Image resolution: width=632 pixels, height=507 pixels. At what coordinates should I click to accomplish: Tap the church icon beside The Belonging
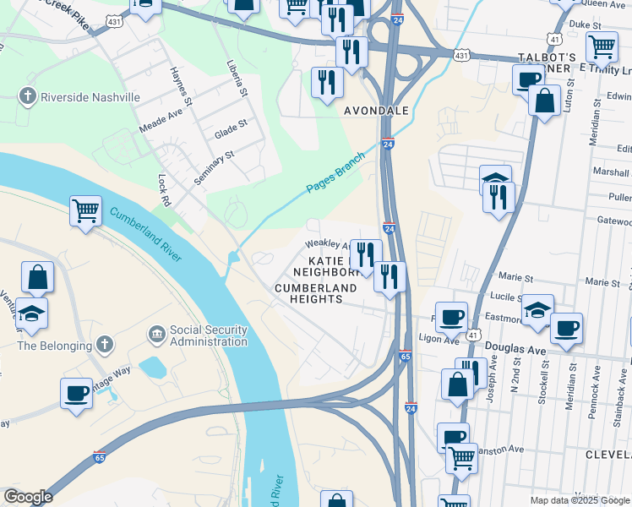click(103, 345)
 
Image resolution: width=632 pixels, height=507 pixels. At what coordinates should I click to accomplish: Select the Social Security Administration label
click(208, 336)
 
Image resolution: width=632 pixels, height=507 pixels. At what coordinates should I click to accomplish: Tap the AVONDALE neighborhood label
click(376, 111)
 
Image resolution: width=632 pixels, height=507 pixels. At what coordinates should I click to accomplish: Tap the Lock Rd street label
click(164, 191)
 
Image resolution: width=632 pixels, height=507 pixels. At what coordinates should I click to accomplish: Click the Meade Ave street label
click(161, 123)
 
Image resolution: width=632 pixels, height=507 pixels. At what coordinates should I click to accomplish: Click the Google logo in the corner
click(28, 497)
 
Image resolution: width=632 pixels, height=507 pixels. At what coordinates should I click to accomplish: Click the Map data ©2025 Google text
click(579, 499)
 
